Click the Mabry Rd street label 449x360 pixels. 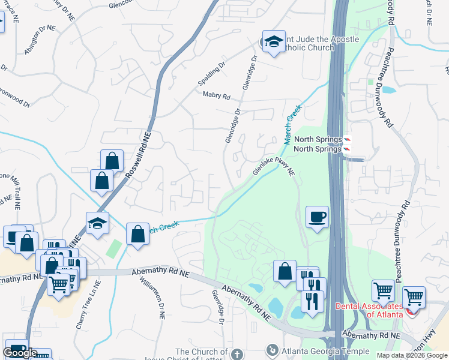[x=217, y=95]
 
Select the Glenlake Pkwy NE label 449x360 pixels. [x=274, y=163]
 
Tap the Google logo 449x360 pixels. [x=20, y=353]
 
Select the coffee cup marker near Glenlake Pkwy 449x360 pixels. [x=316, y=217]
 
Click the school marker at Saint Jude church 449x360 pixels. [x=274, y=42]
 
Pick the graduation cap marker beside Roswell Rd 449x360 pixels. [x=97, y=223]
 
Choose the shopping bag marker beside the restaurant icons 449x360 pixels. [x=285, y=271]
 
